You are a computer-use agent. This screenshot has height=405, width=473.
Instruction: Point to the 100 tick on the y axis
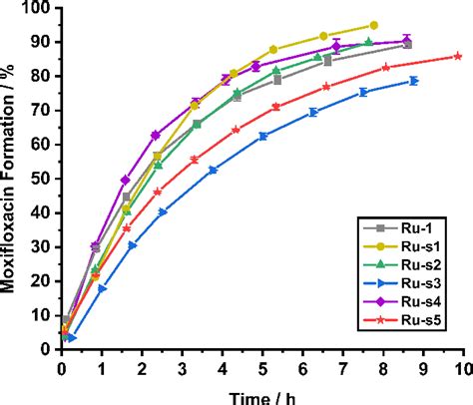pyautogui.click(x=40, y=9)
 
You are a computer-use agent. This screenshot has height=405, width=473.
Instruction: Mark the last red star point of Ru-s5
pyautogui.click(x=457, y=56)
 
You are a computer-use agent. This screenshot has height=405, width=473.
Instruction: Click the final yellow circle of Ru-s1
pyautogui.click(x=373, y=25)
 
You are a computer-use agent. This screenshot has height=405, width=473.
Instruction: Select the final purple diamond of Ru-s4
pyautogui.click(x=407, y=42)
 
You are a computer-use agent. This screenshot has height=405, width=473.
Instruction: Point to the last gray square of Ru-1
pyautogui.click(x=406, y=45)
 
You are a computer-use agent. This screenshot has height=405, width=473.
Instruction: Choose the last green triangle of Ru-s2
pyautogui.click(x=368, y=42)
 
